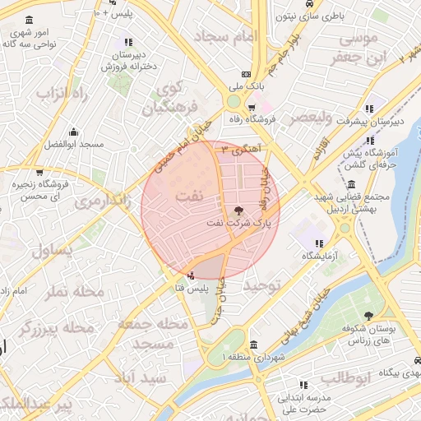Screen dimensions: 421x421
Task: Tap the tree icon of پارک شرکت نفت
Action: tap(239, 210)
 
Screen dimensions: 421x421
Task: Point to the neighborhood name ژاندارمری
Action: tap(98, 201)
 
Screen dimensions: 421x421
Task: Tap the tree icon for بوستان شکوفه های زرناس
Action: tap(368, 317)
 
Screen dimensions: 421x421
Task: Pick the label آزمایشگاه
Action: tap(317, 256)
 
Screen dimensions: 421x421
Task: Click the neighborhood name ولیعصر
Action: tap(305, 118)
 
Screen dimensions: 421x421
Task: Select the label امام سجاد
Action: tap(225, 36)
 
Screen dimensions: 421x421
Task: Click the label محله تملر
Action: tap(76, 291)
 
